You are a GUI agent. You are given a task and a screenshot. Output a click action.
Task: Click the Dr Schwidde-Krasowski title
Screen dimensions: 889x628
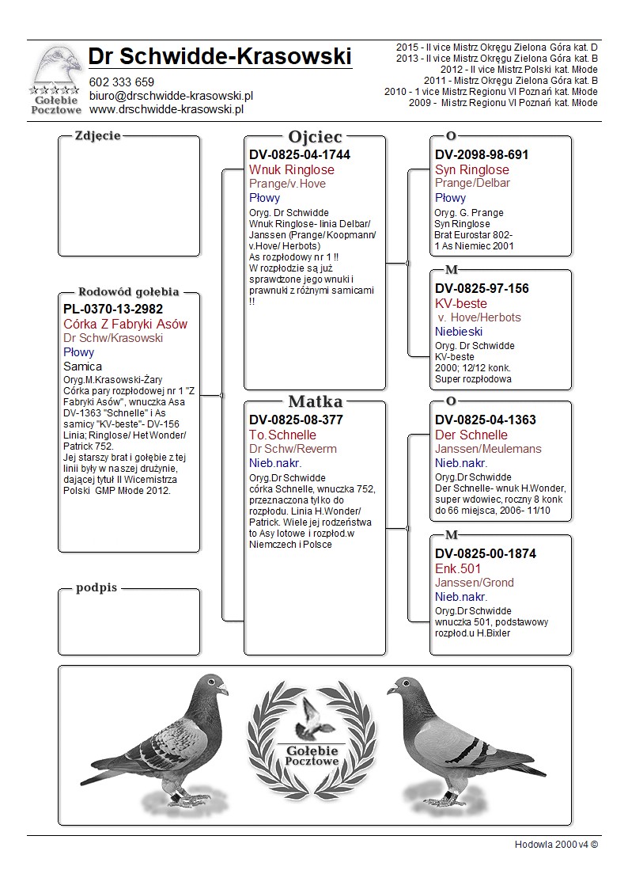[220, 57]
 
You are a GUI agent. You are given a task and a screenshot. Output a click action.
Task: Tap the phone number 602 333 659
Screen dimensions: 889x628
[122, 82]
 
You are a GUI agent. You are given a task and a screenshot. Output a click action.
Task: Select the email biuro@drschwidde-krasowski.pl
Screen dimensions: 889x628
[171, 96]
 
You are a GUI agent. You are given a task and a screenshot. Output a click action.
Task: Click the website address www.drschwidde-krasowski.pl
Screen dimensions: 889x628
[165, 109]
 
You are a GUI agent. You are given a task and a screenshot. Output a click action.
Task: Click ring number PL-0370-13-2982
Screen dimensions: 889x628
[113, 310]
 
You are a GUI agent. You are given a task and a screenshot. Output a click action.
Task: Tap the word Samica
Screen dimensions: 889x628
[82, 367]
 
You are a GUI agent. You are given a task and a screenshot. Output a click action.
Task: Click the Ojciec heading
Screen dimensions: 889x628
[315, 137]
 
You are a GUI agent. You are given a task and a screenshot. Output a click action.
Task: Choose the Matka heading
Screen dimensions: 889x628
[315, 401]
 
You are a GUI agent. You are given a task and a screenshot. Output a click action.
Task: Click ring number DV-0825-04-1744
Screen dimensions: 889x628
[300, 155]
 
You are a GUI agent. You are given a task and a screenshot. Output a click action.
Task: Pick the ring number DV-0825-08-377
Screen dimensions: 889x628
[296, 420]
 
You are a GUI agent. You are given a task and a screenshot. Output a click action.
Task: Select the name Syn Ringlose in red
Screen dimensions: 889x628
[472, 169]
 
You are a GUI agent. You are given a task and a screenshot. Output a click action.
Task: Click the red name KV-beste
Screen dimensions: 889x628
[461, 303]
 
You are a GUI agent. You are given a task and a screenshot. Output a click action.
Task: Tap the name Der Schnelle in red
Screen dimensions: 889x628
[471, 435]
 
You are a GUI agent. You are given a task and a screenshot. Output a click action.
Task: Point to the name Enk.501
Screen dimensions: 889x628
[458, 568]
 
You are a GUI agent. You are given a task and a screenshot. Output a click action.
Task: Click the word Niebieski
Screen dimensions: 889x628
[459, 332]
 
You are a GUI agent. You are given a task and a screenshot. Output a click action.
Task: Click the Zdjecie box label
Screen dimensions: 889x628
[97, 135]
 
